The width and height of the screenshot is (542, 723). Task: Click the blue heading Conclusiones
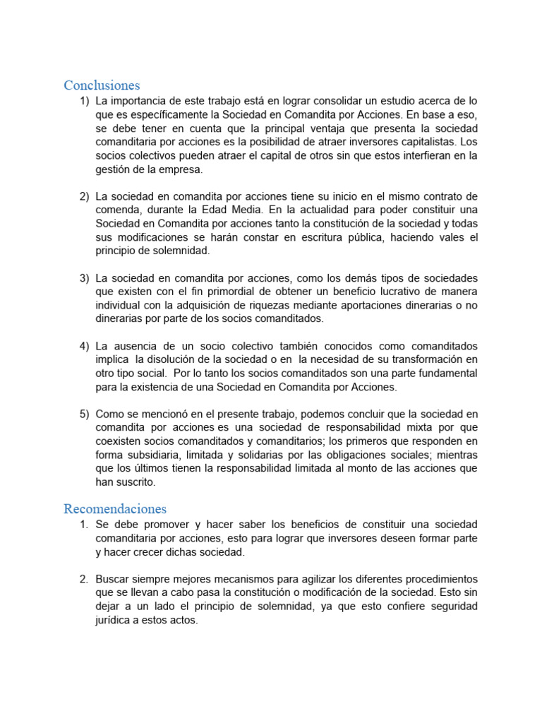click(x=102, y=85)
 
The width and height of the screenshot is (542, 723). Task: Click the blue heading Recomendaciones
click(x=115, y=508)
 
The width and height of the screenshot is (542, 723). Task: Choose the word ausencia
click(x=138, y=346)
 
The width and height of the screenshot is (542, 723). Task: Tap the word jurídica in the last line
click(x=115, y=620)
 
